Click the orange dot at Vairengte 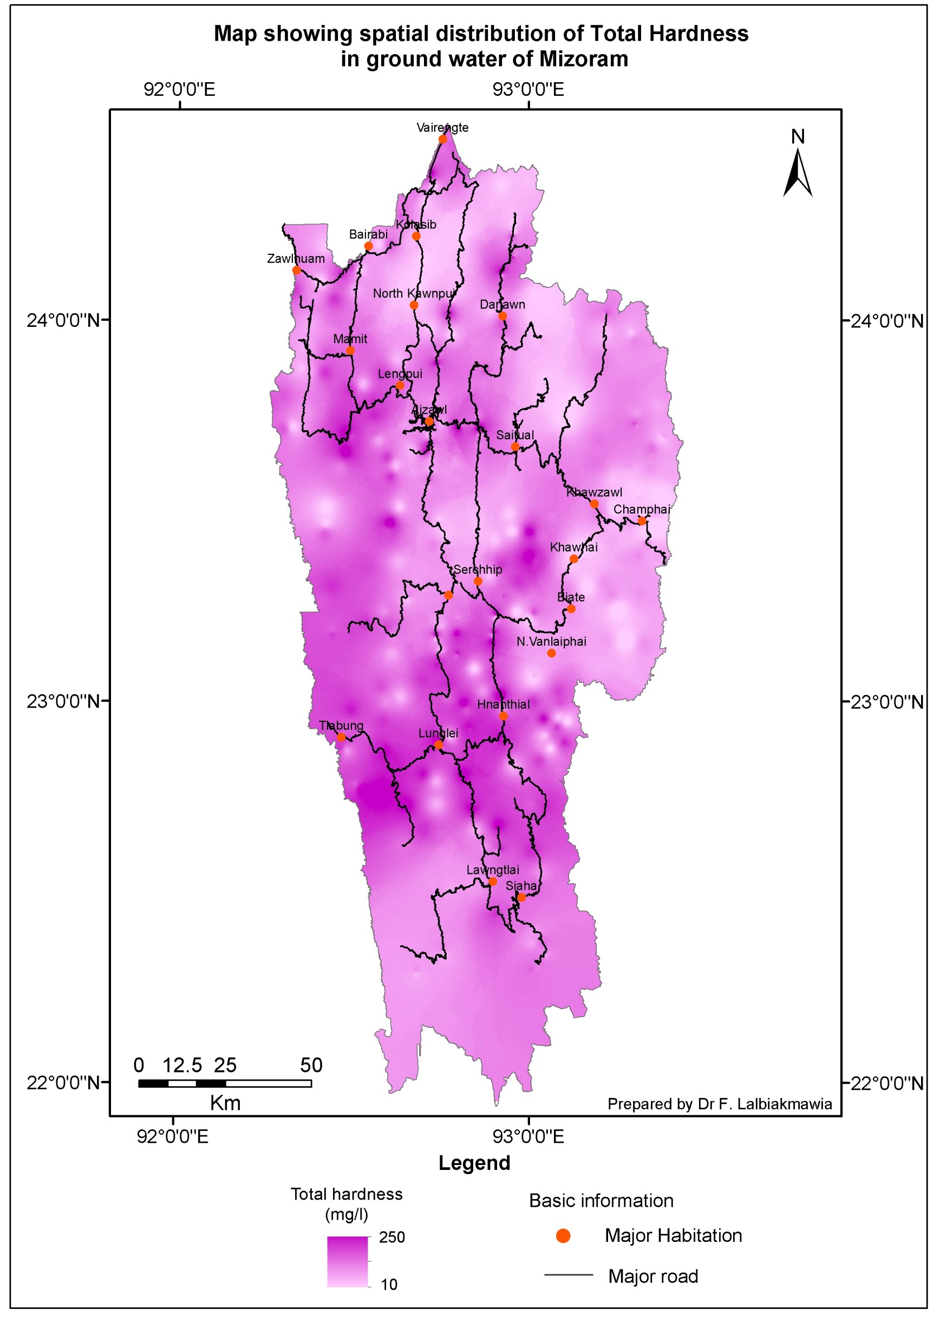442,139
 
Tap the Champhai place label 641,509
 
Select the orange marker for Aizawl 429,422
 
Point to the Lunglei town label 438,733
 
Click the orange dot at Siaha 521,897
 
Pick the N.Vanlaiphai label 551,641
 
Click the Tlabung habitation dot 341,737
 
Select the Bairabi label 368,234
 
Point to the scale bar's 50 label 311,1065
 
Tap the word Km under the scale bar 225,1103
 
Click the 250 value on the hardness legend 391,1237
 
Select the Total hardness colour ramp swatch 348,1262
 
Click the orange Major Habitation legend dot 563,1236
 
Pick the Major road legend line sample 568,1274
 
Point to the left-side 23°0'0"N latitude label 64,701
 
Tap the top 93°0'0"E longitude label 527,90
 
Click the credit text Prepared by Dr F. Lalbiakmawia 719,1104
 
